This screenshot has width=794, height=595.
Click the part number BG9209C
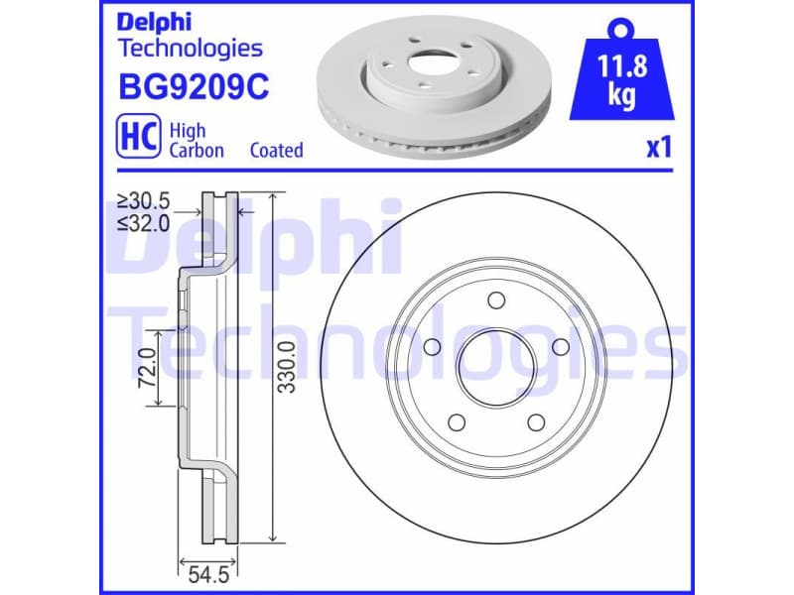tap(194, 88)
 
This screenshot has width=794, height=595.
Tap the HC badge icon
tap(139, 138)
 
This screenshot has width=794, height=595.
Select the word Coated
tap(276, 151)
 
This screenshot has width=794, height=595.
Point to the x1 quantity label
tap(659, 148)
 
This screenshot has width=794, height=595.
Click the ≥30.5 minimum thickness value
tap(143, 201)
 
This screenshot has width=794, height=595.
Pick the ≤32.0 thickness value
tap(143, 222)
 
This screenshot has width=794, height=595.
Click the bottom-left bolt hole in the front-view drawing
tap(457, 422)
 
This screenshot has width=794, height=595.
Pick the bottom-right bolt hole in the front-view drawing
tap(535, 422)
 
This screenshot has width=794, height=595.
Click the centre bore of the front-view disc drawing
tap(495, 367)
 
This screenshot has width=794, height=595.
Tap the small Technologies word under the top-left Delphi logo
tap(190, 48)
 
